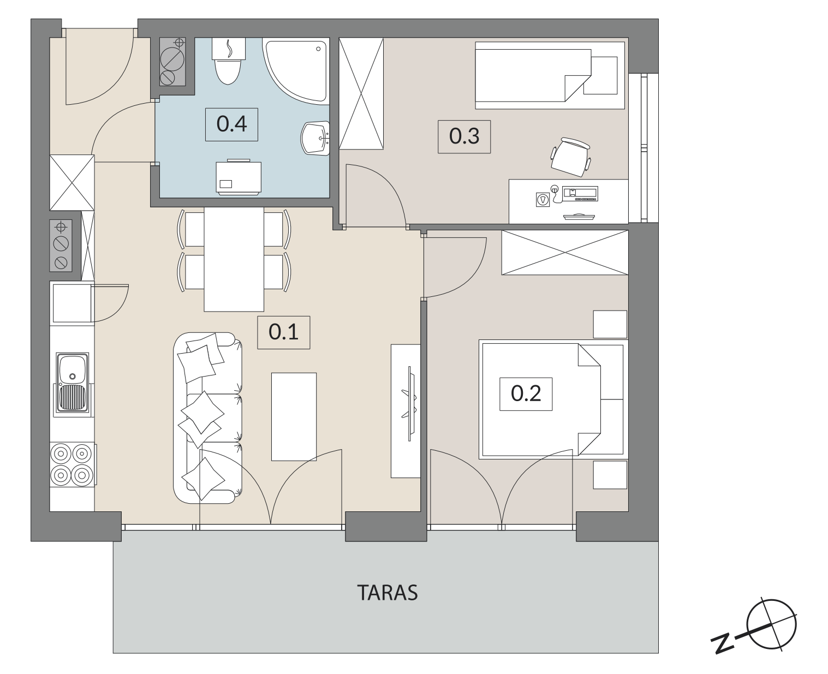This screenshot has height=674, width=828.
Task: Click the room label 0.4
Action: point(231,124)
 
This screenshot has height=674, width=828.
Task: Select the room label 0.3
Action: point(464,136)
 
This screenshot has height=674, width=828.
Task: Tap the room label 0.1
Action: point(283,332)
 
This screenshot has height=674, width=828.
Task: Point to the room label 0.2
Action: point(526,393)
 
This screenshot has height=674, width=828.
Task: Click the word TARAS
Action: point(387,593)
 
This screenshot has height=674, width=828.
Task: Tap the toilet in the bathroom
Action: point(229,61)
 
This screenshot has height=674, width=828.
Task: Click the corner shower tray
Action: point(296,71)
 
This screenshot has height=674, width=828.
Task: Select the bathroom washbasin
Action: point(315,139)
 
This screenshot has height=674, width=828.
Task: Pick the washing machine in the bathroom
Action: point(239,177)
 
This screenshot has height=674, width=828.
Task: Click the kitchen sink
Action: point(72,383)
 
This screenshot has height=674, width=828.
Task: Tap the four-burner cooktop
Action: point(73,464)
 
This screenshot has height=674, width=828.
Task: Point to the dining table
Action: point(234,259)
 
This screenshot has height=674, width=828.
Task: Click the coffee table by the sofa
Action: point(294,417)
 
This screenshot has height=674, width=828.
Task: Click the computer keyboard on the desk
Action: point(586,194)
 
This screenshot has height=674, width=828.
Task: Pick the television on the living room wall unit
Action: point(409,403)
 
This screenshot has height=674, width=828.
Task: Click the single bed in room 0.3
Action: point(550,75)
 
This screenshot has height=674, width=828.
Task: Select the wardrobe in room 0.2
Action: point(565,253)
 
